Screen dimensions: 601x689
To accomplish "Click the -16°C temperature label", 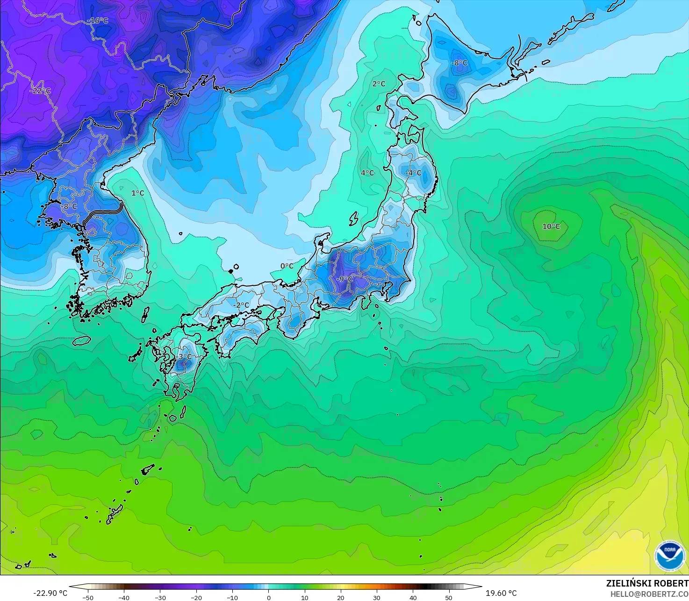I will (98, 21).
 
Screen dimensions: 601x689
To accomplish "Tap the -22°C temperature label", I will (41, 91).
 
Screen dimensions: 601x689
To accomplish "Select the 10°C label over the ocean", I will (551, 226).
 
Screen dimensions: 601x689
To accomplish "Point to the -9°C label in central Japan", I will (344, 279).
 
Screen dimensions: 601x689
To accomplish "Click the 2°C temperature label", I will (379, 84).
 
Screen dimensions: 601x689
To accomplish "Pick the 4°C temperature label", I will (367, 173).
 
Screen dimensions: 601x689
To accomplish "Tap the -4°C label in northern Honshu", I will (413, 173).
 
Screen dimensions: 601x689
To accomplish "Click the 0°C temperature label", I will (287, 266).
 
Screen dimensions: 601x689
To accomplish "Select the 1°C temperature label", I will (137, 193).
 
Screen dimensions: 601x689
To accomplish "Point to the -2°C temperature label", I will (241, 305).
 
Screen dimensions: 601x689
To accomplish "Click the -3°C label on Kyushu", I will (184, 357).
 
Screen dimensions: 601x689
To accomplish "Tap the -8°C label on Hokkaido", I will (459, 63).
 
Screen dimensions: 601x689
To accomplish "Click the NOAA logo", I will (669, 555).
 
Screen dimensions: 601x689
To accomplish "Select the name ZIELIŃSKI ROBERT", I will (647, 583).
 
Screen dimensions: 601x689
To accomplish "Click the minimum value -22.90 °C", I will (50, 593).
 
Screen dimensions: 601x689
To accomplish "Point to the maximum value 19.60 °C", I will (501, 593).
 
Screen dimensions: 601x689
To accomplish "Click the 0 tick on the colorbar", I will (268, 597).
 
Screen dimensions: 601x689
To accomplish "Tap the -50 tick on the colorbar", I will (87, 597).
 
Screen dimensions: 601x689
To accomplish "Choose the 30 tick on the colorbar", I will (377, 597).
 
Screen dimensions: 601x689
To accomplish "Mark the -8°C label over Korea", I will (69, 206).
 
